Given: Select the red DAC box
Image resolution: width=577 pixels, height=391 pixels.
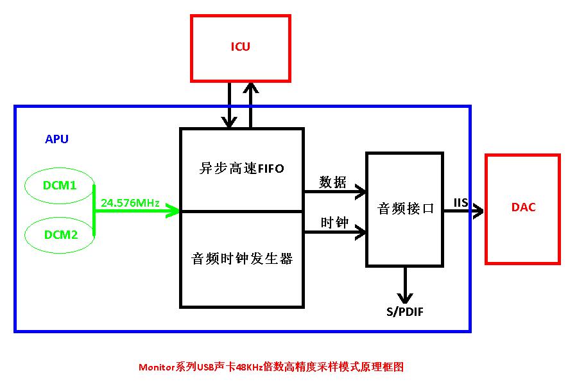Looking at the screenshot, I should coord(522,208).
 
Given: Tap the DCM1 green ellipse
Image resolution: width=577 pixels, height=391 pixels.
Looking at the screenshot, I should coord(60,186).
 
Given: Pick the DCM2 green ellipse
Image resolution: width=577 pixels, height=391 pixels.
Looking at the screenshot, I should coord(60,234).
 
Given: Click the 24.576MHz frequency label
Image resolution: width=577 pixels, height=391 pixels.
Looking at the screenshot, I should coord(130,203).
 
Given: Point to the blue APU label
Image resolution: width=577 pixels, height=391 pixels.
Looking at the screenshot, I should coord(56,139).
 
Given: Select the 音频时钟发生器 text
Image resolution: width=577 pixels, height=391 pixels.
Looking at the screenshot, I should coord(241,259).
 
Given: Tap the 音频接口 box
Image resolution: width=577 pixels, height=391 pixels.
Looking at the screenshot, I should coord(404,209).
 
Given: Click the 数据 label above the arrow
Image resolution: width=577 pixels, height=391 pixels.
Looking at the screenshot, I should coord(333,182).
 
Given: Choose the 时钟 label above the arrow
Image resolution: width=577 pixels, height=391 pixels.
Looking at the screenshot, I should coord(334,223).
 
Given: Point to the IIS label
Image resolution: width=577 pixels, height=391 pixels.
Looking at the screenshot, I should coord(461,202).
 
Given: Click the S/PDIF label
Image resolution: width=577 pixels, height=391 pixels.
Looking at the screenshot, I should coord(404,312).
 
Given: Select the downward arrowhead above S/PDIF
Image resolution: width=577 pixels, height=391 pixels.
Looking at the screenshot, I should coord(405,298).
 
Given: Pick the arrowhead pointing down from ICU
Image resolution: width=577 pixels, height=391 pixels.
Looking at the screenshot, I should coord(228,121).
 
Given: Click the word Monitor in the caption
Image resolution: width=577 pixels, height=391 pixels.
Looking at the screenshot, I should coord(156,367).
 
